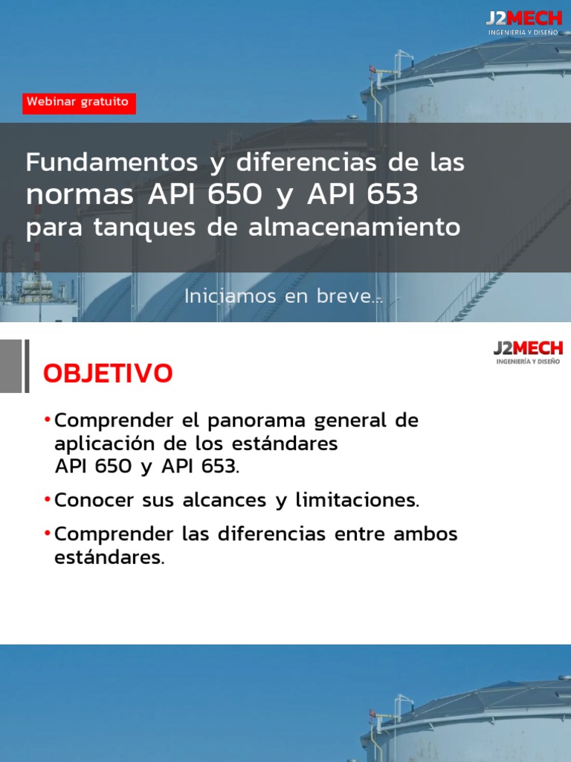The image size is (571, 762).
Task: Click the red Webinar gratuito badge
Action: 79,102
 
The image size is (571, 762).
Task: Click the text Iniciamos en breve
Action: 283,296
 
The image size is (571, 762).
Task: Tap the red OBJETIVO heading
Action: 108,374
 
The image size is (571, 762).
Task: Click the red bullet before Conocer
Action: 48,499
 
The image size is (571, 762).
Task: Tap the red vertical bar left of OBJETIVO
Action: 27,365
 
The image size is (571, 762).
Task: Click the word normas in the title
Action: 80,196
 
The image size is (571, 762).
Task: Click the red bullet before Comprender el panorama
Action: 48,420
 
